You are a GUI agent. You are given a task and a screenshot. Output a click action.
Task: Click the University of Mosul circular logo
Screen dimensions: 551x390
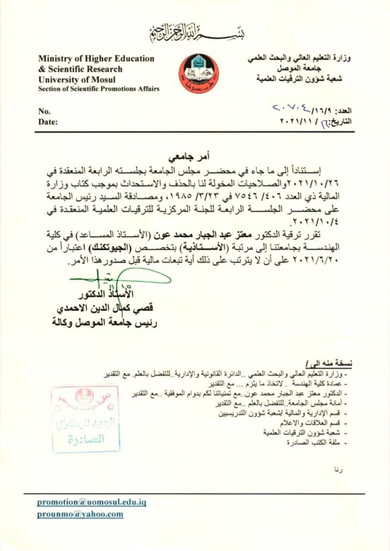point(199,74)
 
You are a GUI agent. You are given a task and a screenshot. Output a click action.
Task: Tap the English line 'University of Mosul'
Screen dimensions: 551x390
point(72,79)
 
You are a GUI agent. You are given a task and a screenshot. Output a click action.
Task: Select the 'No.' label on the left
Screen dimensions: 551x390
point(44,111)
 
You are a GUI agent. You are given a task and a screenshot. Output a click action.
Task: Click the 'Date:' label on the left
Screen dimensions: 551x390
point(47,122)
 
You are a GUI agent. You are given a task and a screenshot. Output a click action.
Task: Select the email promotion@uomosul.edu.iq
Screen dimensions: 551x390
point(92,502)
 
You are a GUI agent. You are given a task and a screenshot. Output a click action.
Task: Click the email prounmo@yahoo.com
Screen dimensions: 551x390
point(80,514)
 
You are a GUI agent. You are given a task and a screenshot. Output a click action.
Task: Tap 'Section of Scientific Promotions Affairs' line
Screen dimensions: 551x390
point(98,89)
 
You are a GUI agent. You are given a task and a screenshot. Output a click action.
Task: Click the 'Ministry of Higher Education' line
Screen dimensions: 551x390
point(96,59)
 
